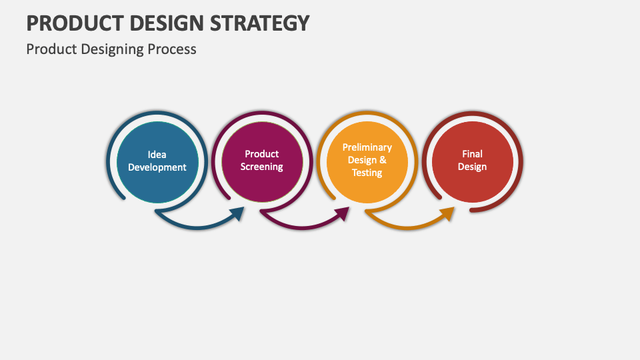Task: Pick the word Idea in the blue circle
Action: pos(157,155)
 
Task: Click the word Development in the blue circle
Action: pos(157,167)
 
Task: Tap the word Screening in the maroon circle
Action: pos(262,167)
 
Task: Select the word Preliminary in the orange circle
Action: pos(367,147)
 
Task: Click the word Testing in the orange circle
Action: pos(367,173)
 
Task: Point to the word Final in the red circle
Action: pos(472,154)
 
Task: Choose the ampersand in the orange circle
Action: pos(383,160)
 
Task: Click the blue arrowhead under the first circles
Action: pos(237,213)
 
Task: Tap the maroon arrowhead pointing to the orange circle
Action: pos(342,213)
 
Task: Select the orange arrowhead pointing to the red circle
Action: pos(447,213)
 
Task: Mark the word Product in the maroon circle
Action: pos(262,154)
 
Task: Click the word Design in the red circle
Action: pos(472,167)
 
